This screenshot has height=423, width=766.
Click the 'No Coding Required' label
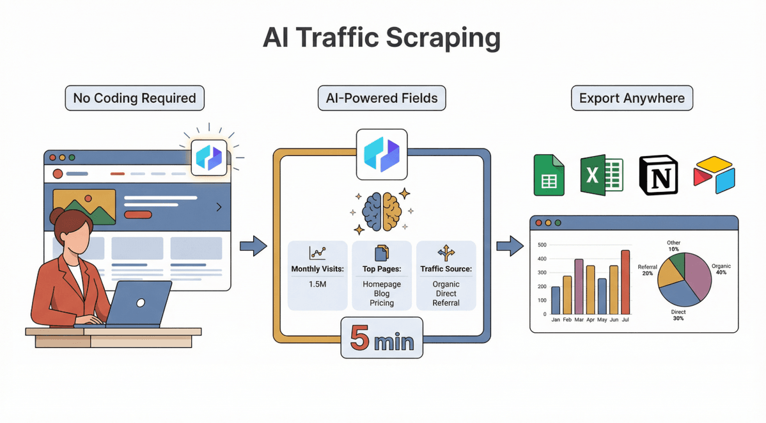click(134, 99)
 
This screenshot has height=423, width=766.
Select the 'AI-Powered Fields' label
click(382, 99)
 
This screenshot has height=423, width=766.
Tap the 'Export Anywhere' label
click(632, 99)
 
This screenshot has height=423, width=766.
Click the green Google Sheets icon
click(549, 175)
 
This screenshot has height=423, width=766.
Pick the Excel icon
click(602, 175)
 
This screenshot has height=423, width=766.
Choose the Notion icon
click(658, 175)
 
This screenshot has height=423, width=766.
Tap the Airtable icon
click(714, 175)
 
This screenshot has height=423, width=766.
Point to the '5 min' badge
click(382, 340)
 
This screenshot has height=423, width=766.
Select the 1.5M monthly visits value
click(318, 283)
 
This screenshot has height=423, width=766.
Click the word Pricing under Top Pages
click(382, 303)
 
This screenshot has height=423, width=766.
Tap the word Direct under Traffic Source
click(446, 293)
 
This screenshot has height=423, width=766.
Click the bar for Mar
click(579, 286)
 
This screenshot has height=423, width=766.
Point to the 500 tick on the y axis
click(542, 245)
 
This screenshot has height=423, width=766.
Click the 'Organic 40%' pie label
click(721, 269)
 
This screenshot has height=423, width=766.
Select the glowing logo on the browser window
click(209, 157)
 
